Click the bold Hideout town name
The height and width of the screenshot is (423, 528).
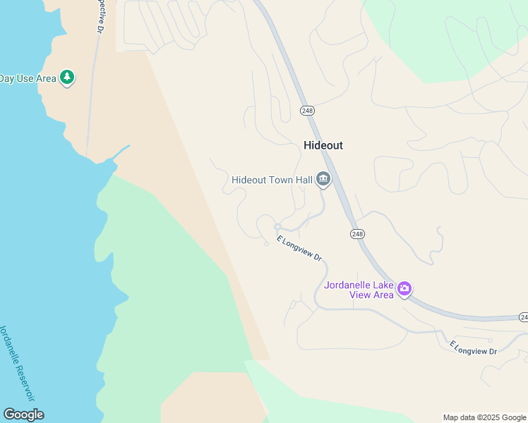point(323,145)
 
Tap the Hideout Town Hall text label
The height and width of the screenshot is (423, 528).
point(272,180)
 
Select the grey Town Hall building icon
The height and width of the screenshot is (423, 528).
point(323,180)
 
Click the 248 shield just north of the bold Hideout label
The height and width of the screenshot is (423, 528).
point(307,111)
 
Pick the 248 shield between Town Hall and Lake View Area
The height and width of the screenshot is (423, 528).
point(357,234)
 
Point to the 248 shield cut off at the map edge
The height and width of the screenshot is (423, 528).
point(523,317)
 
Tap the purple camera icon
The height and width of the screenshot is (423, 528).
point(404,288)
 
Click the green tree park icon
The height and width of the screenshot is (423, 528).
point(67,78)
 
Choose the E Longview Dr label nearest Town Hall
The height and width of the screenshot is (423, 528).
point(299,249)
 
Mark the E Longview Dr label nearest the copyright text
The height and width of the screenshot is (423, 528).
point(474,348)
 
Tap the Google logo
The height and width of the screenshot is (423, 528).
point(23,415)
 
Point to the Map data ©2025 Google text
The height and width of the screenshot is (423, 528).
point(484,417)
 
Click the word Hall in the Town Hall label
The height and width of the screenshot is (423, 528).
point(304,180)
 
